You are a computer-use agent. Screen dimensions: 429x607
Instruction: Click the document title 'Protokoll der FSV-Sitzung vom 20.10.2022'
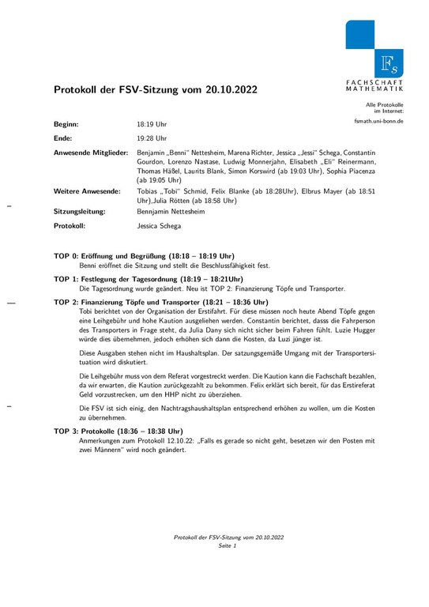pos(155,91)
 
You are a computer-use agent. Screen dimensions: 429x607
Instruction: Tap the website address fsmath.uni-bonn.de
pos(379,123)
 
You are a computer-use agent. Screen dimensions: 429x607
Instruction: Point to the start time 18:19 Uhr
pos(152,125)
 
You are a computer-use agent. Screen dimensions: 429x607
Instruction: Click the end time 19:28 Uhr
pos(152,137)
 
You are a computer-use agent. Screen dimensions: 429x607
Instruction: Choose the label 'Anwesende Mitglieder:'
pos(90,150)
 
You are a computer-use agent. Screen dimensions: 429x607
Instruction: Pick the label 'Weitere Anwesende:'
pos(87,191)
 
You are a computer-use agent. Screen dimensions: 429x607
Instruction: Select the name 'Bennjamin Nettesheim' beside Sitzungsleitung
pos(174,213)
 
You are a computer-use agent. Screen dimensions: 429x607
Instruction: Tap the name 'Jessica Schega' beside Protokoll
pos(159,226)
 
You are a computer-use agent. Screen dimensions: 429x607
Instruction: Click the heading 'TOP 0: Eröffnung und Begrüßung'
pos(144,256)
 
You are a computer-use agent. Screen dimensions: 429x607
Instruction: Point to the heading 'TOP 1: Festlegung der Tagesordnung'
pos(148,279)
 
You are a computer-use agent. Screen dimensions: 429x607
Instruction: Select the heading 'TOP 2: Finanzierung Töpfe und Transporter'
pos(161,302)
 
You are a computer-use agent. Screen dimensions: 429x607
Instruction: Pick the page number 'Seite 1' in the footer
pos(228,546)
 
